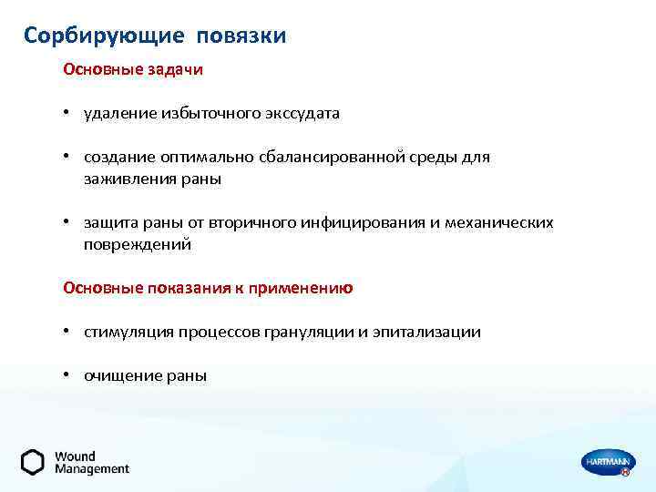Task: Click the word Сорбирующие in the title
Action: (x=101, y=36)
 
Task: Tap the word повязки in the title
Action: (x=241, y=36)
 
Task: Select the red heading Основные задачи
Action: (x=133, y=69)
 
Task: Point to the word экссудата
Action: (x=301, y=114)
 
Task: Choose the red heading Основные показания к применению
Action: (x=208, y=288)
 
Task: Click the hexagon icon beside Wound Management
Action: (x=33, y=462)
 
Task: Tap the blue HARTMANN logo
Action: (x=605, y=463)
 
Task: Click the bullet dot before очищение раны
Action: (x=67, y=375)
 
